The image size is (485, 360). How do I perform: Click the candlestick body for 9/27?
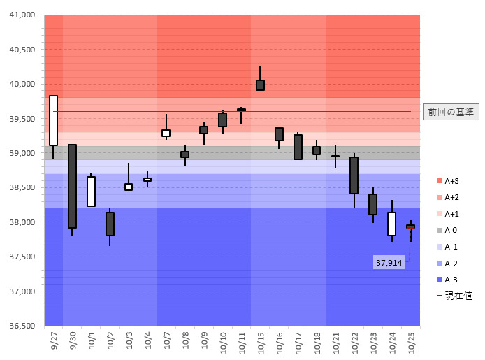coord(53,120)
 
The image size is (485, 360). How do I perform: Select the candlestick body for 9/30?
coord(72,186)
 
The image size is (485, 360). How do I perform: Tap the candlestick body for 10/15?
coord(260,85)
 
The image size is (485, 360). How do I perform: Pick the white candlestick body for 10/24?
coord(391,224)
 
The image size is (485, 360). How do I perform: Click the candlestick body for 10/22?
coord(354,175)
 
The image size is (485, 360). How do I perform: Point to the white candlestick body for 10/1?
coord(91,191)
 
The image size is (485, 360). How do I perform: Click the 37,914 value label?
coord(389,263)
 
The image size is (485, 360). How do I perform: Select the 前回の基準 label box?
coord(451,112)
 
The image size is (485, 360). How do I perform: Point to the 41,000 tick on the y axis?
coord(20,15)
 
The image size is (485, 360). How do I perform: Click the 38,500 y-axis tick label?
coord(20,188)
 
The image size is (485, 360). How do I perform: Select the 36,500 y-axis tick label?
coord(20,326)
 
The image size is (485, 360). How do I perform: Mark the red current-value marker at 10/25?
coord(410,226)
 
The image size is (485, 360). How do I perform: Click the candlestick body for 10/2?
coord(110,224)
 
